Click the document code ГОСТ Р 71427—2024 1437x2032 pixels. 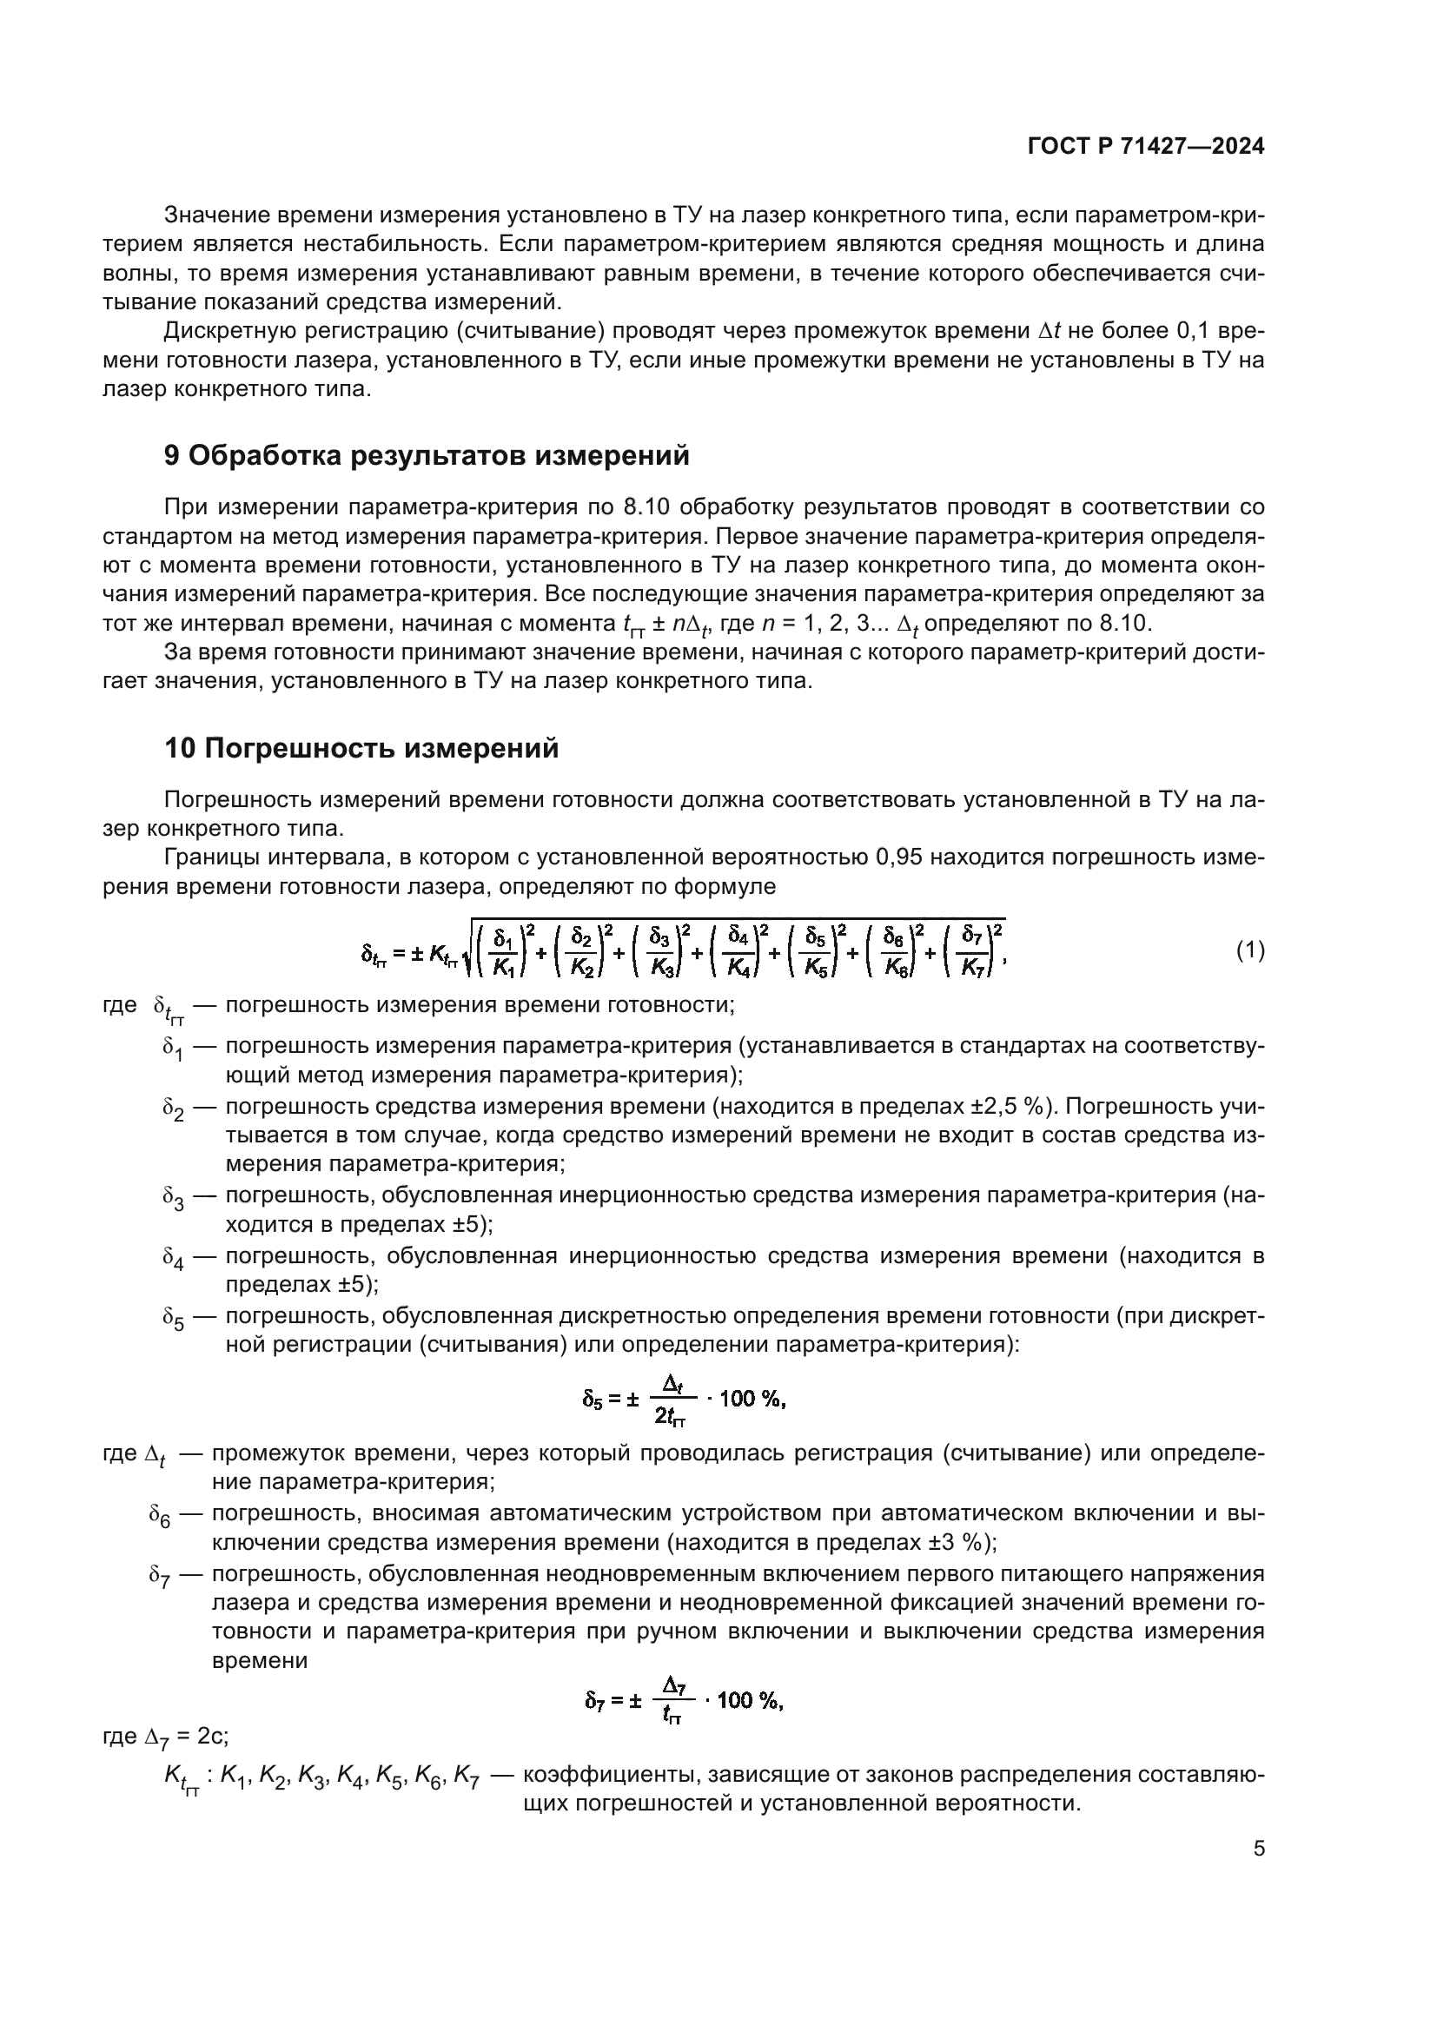1146,147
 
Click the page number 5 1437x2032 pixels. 1258,1848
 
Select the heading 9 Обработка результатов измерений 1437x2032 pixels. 427,456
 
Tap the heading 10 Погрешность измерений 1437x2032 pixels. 361,749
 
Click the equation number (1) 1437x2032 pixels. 1250,951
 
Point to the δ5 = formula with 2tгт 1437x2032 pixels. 683,1399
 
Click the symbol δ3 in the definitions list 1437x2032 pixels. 173,1197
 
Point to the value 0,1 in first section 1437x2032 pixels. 1194,331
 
